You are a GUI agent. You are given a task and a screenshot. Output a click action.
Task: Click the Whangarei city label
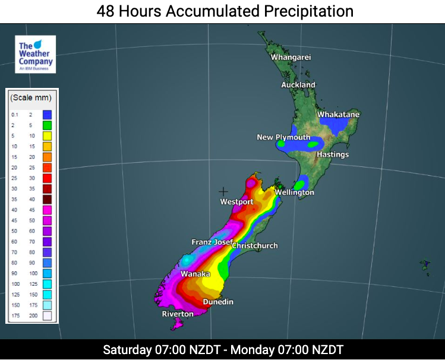291,58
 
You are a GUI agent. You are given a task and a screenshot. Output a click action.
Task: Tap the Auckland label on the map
298,85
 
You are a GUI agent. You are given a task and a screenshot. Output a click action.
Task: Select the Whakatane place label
338,114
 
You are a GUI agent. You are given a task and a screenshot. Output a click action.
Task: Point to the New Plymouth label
283,137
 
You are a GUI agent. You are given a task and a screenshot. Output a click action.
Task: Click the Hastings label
333,154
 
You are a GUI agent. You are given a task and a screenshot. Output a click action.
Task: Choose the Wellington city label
294,192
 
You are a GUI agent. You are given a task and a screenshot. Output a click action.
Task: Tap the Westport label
236,202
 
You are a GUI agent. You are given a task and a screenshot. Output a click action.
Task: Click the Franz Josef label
212,242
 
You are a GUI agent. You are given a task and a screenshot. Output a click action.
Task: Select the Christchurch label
255,245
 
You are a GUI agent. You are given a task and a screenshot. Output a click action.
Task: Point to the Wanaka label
195,274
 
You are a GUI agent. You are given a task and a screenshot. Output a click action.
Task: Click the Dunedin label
218,302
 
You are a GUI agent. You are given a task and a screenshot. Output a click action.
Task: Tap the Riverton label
178,314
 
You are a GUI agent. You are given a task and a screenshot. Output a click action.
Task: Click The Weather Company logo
36,54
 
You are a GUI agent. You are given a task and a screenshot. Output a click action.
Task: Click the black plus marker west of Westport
223,191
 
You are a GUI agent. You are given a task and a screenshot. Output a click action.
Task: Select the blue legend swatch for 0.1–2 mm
47,114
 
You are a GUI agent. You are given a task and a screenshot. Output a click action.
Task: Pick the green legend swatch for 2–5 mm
47,125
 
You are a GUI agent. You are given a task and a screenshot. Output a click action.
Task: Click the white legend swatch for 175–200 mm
47,316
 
